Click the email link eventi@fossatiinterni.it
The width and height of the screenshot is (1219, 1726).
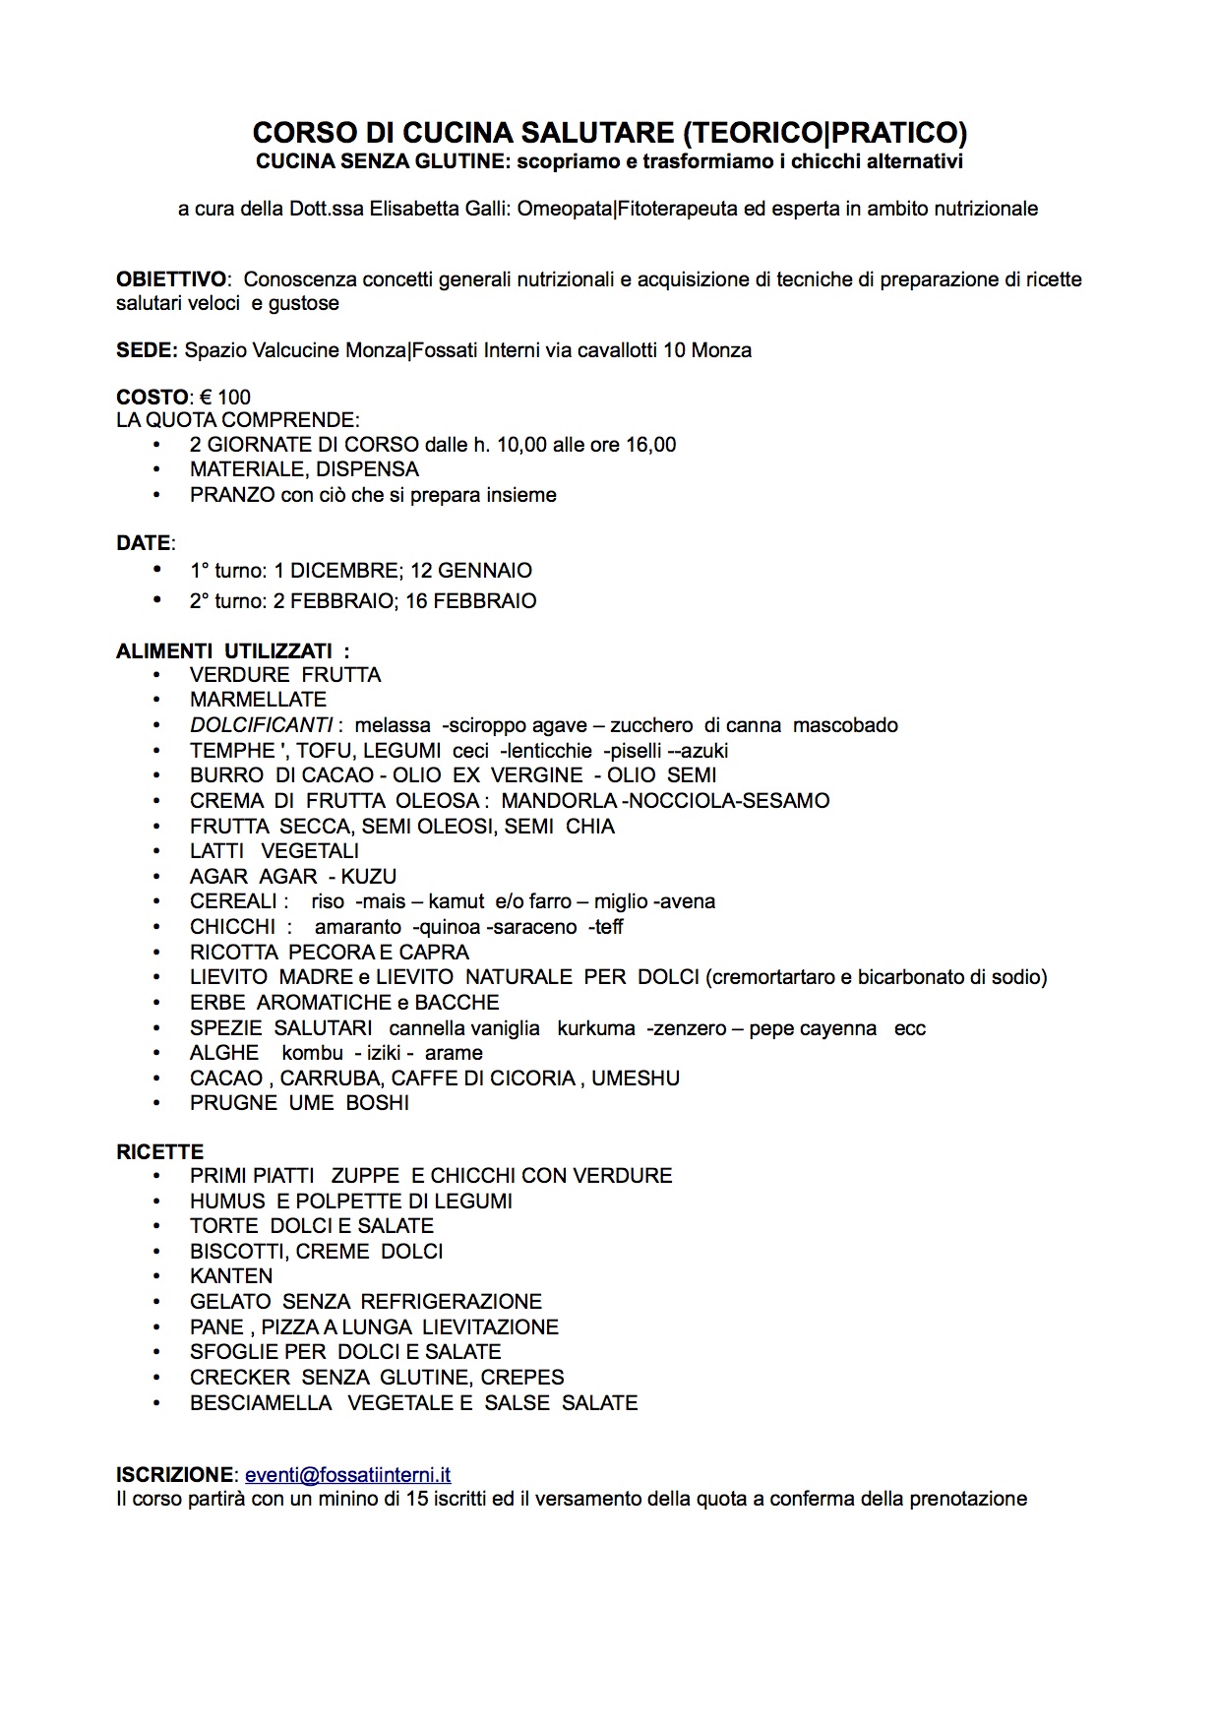tap(347, 1474)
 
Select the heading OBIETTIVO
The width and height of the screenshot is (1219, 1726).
tap(171, 279)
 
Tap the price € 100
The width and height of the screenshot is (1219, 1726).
tap(225, 398)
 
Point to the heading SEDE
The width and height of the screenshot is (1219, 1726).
tap(146, 350)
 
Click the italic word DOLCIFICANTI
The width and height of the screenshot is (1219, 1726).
tap(261, 725)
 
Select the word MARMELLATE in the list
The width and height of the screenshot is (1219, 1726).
tap(258, 700)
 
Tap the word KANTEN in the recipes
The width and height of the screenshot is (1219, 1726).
tap(231, 1276)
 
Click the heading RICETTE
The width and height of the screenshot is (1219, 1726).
tap(159, 1151)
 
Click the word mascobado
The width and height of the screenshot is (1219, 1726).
tap(845, 725)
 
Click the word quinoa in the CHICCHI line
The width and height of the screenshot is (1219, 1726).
tap(451, 927)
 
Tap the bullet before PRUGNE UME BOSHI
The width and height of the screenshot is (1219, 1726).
tap(156, 1103)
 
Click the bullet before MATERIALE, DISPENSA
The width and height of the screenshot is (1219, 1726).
tap(156, 469)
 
